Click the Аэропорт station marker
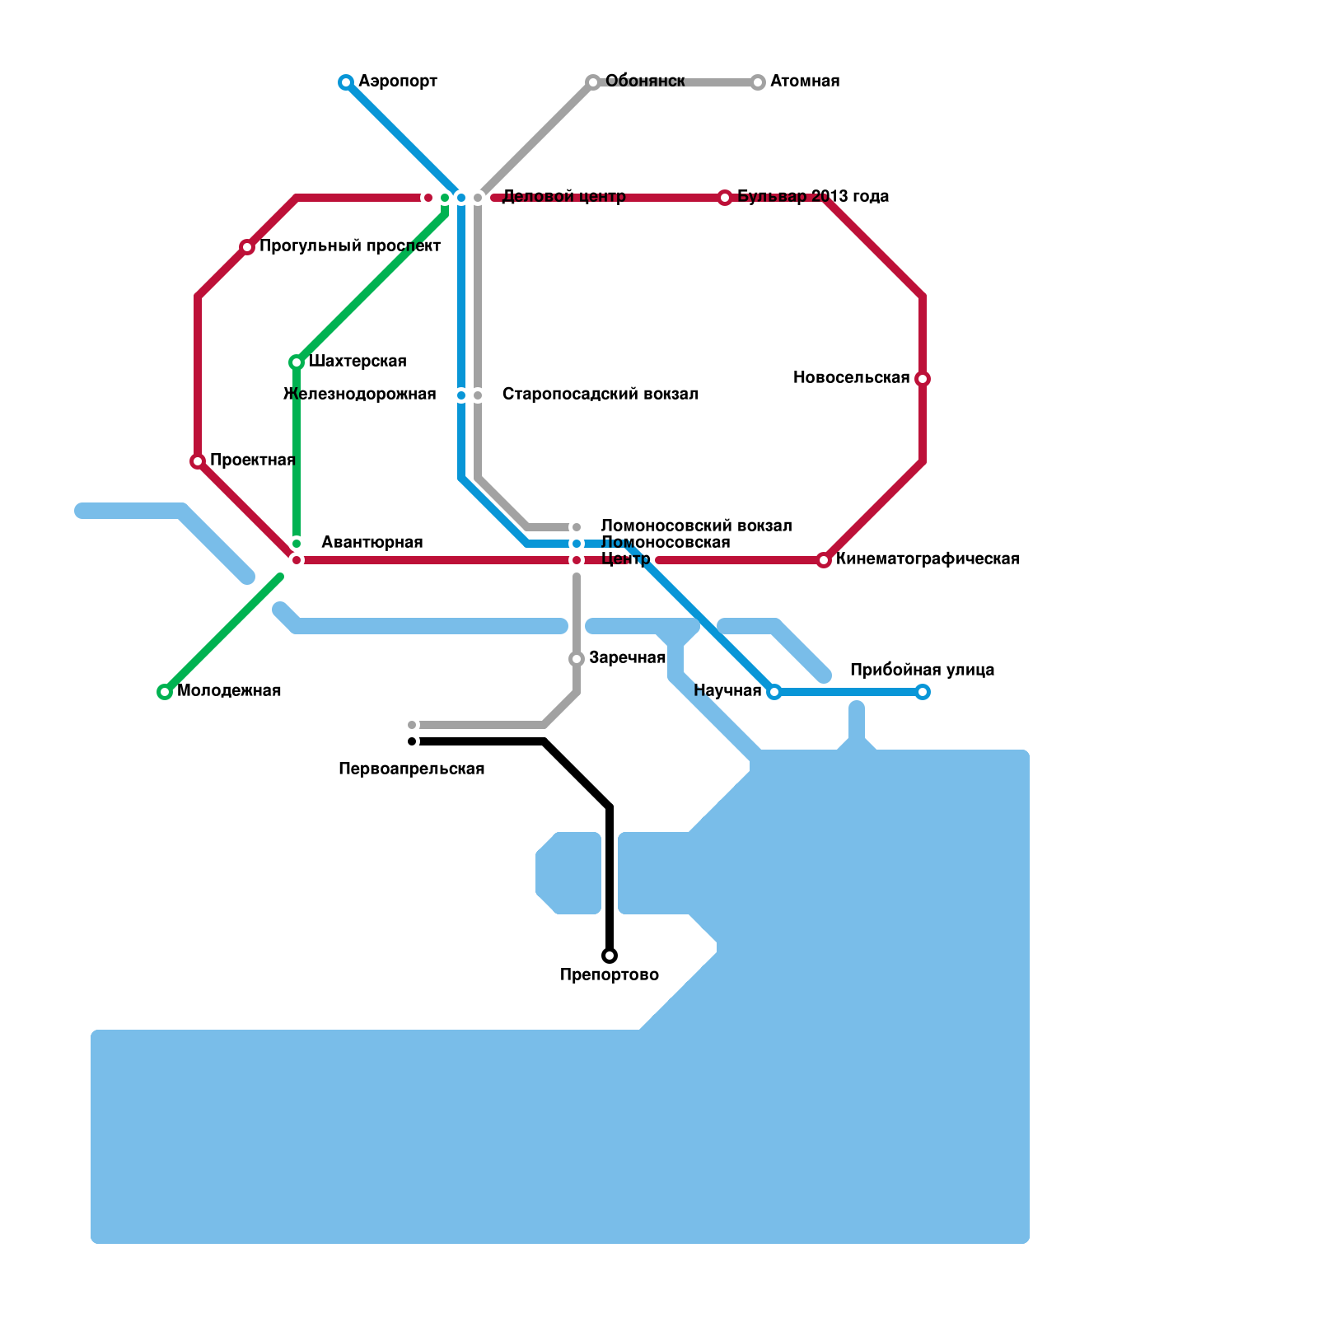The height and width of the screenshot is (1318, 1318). pos(346,82)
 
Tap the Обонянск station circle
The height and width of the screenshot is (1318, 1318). pos(593,82)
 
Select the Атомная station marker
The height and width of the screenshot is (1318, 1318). pos(758,82)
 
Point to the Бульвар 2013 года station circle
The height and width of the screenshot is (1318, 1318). pos(725,198)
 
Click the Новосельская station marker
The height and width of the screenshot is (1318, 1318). pos(923,379)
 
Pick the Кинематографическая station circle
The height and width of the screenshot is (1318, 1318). pos(824,560)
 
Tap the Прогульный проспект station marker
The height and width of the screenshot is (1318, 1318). pos(247,247)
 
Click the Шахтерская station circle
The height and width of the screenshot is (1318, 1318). pos(297,362)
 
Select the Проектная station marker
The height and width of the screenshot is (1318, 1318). pos(198,461)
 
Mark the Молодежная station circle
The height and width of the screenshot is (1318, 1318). pos(165,692)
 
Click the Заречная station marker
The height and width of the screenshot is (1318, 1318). pos(577,659)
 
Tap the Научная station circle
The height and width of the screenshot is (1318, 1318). pos(774,692)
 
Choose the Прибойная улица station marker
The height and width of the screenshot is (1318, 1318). pos(923,692)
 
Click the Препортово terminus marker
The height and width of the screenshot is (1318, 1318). pos(610,956)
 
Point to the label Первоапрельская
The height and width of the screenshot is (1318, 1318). pos(411,769)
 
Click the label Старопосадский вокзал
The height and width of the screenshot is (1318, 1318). pos(600,395)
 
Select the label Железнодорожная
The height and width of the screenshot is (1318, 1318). pos(360,395)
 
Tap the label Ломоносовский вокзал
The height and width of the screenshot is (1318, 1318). pos(696,526)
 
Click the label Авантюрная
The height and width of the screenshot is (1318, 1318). pos(372,543)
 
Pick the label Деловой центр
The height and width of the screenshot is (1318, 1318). pos(563,197)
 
